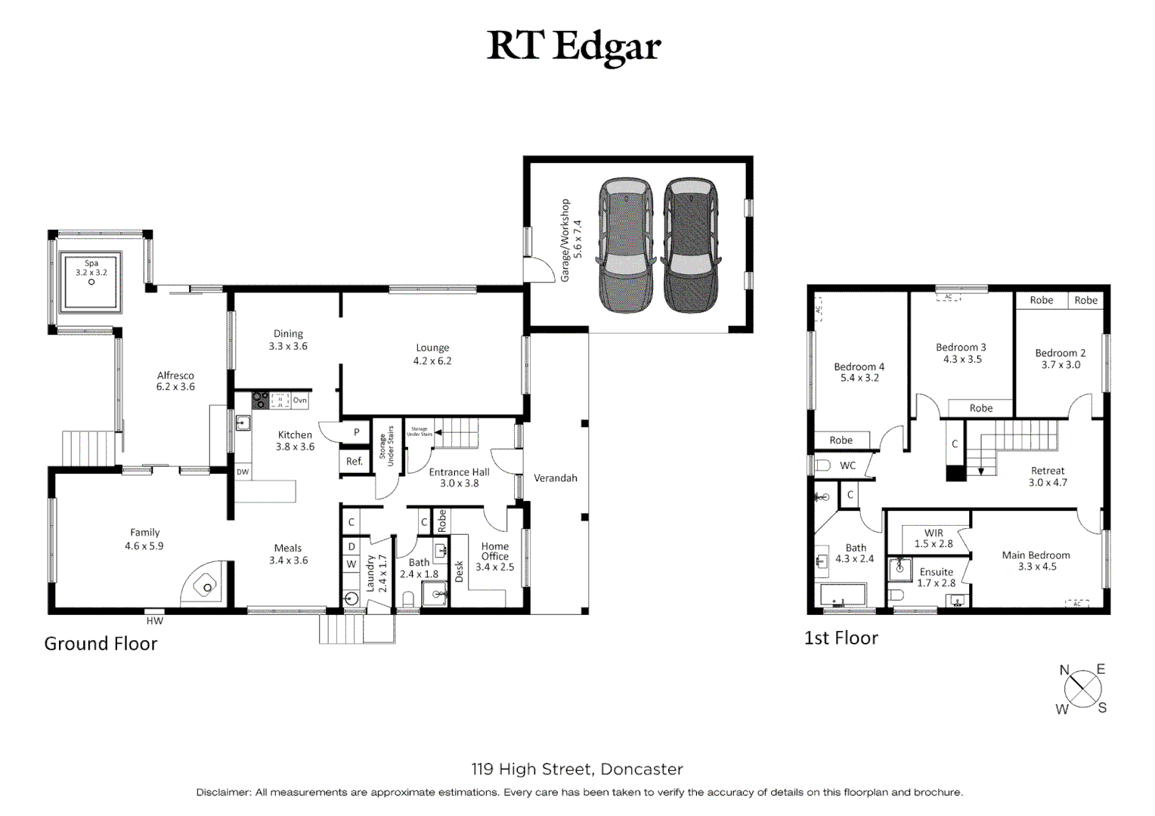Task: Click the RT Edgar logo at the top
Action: point(574,47)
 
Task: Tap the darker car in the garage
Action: point(690,245)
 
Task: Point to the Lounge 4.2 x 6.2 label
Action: point(432,354)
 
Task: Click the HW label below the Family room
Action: point(155,621)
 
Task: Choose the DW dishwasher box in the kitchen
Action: point(243,472)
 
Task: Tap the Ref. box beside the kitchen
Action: point(355,461)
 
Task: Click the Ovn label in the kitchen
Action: point(300,400)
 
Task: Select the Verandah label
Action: point(556,478)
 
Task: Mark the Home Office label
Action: point(495,552)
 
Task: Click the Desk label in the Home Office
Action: point(459,571)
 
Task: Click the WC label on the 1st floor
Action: point(848,465)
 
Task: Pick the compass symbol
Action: point(1082,688)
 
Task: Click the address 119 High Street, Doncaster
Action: point(577,769)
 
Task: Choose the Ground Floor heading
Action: point(101,644)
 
